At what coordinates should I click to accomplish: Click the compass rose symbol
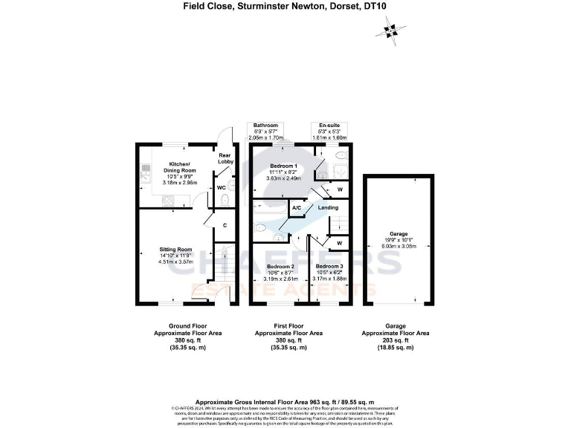[x=388, y=30]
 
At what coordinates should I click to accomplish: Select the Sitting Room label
[x=176, y=250]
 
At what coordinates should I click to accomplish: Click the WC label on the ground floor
[x=221, y=188]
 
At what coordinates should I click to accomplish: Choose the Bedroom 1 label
[x=283, y=166]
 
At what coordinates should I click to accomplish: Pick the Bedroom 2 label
[x=282, y=266]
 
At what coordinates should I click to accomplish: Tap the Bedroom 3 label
[x=329, y=266]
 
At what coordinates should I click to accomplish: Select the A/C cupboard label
[x=296, y=207]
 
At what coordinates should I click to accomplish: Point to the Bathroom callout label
[x=265, y=125]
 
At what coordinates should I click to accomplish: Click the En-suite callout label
[x=329, y=125]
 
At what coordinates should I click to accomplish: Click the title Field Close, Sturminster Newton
[x=285, y=7]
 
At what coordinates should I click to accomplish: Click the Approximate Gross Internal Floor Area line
[x=285, y=401]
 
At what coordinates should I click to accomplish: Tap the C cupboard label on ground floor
[x=224, y=224]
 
